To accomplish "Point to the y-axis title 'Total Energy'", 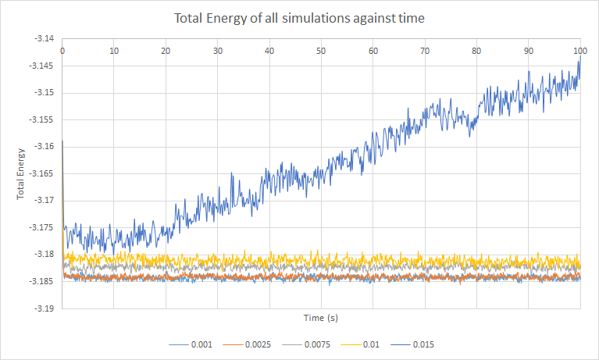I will (x=21, y=172).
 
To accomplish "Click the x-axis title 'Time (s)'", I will (x=321, y=318).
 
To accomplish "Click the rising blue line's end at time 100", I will (x=580, y=56).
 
